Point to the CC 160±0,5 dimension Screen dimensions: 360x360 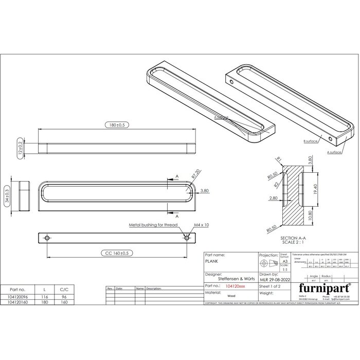coord(116,253)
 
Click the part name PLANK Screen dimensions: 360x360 coord(211,261)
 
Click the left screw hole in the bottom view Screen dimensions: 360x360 coord(47,238)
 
